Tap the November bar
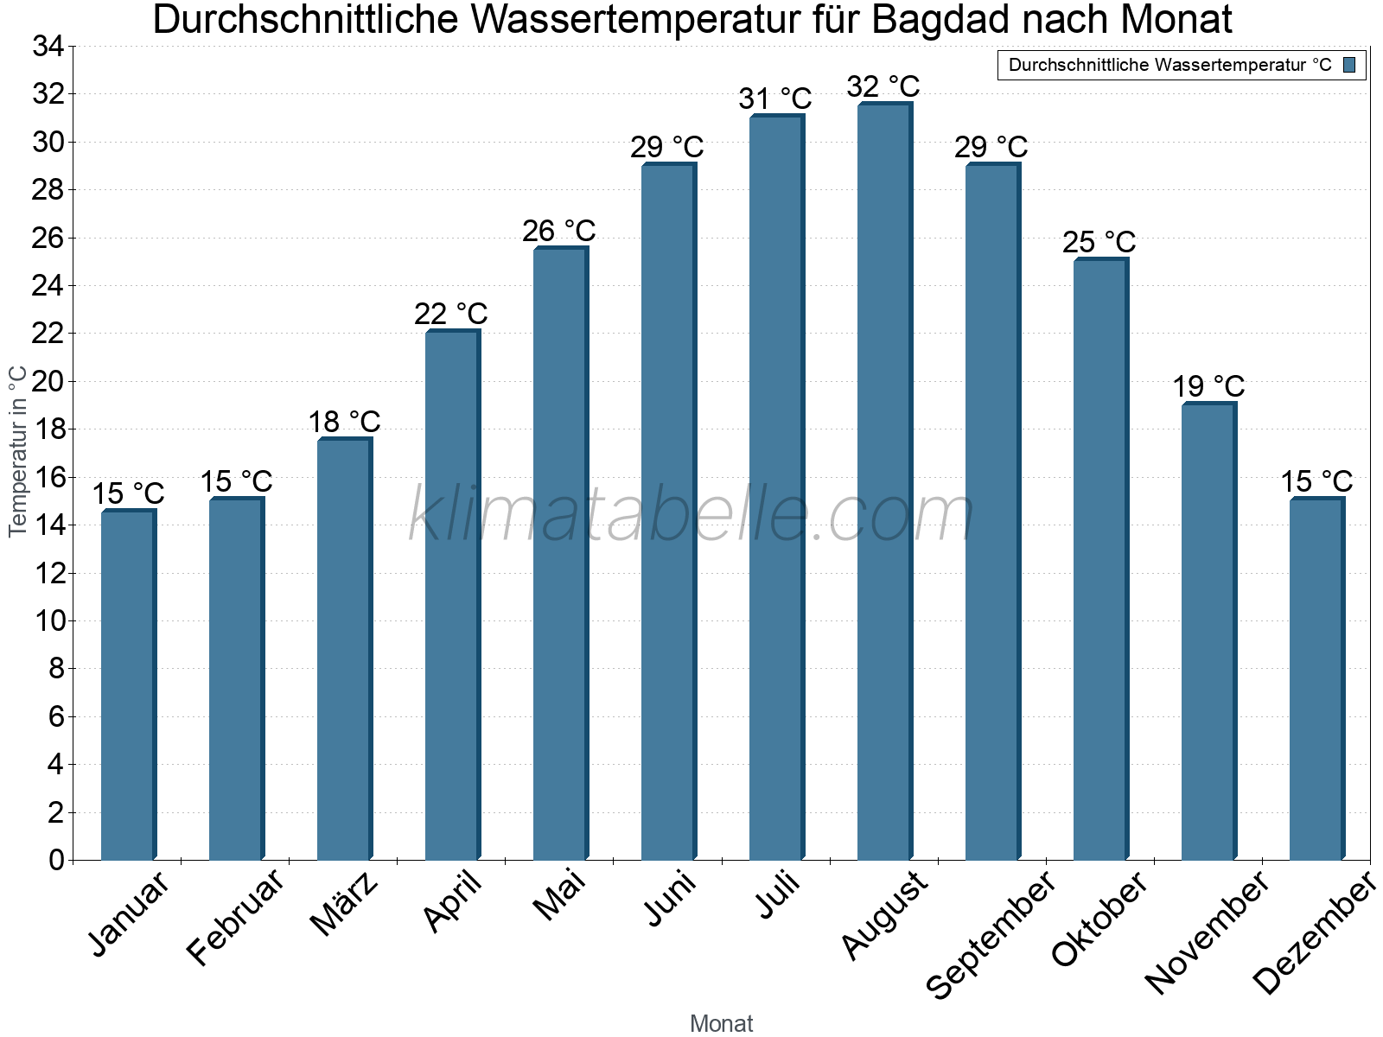pos(1208,631)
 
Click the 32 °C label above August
pos(883,87)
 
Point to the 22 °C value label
pos(451,314)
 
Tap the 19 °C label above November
pos(1208,386)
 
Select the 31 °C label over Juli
pos(775,99)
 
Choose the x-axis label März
pos(344,904)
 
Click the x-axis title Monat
pos(722,1024)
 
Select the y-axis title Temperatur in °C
pos(18,451)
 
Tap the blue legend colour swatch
pos(1349,65)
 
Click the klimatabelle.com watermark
pos(691,515)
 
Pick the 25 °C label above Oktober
pos(1099,242)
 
